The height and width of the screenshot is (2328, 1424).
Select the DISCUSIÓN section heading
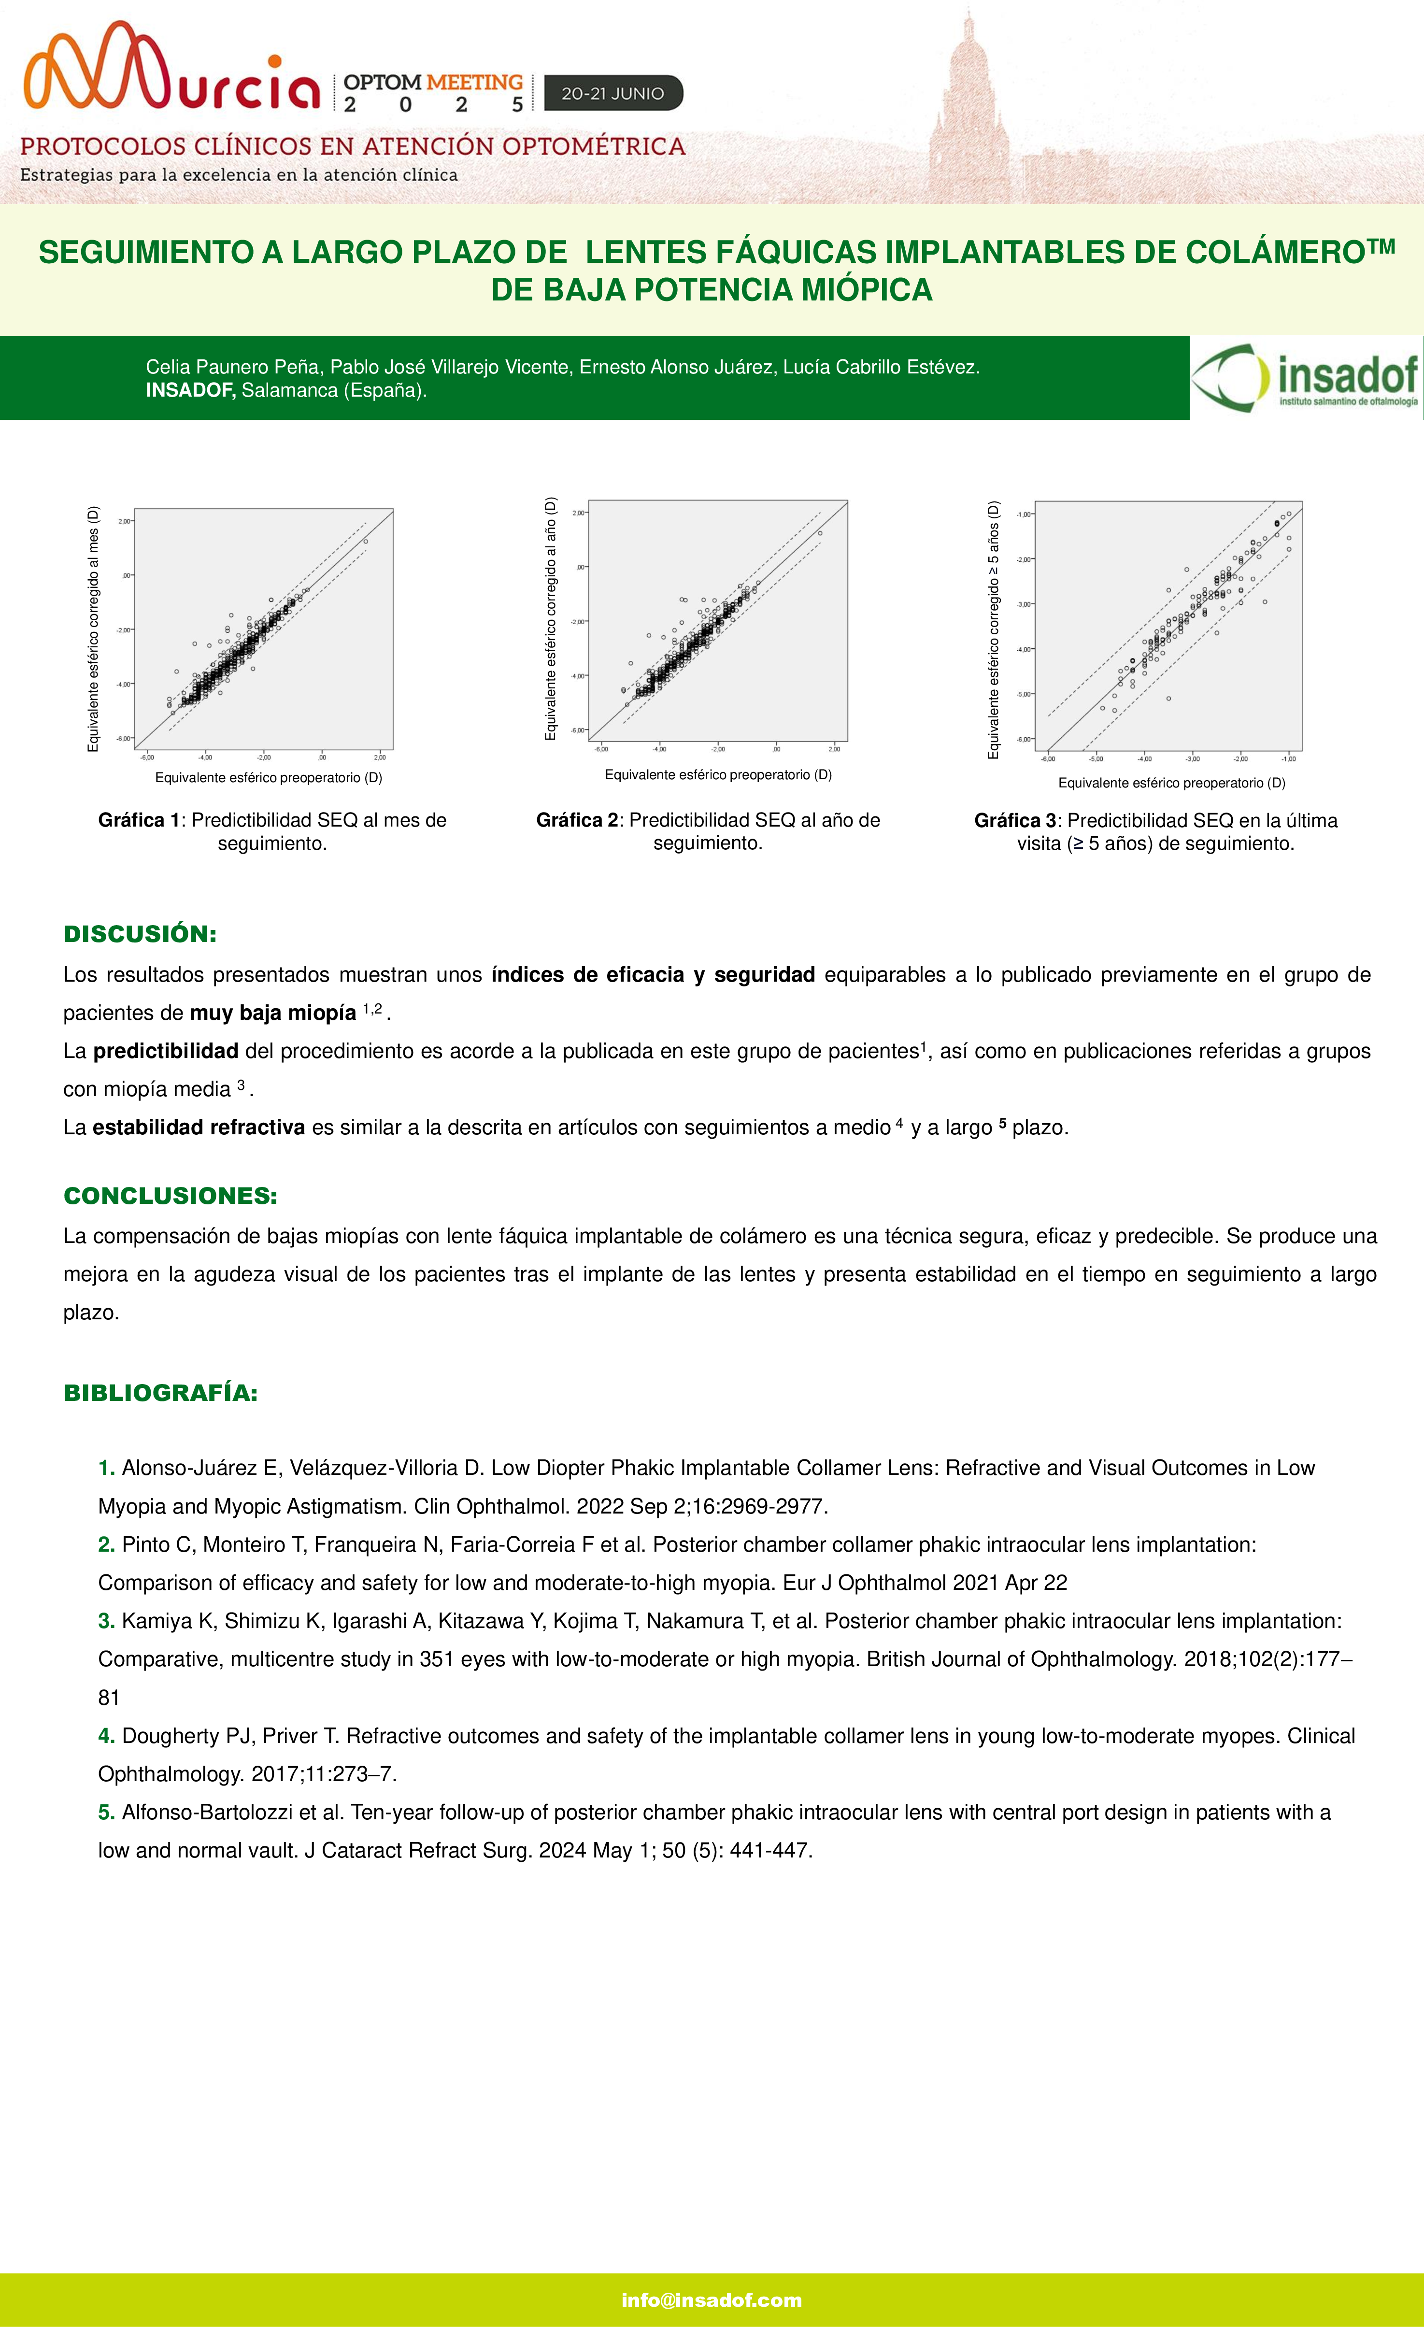pyautogui.click(x=140, y=934)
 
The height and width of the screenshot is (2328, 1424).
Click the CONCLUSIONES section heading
pyautogui.click(x=170, y=1196)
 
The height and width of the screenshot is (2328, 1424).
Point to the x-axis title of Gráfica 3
pyautogui.click(x=1172, y=783)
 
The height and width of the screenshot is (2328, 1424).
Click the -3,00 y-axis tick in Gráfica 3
pyautogui.click(x=1024, y=604)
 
